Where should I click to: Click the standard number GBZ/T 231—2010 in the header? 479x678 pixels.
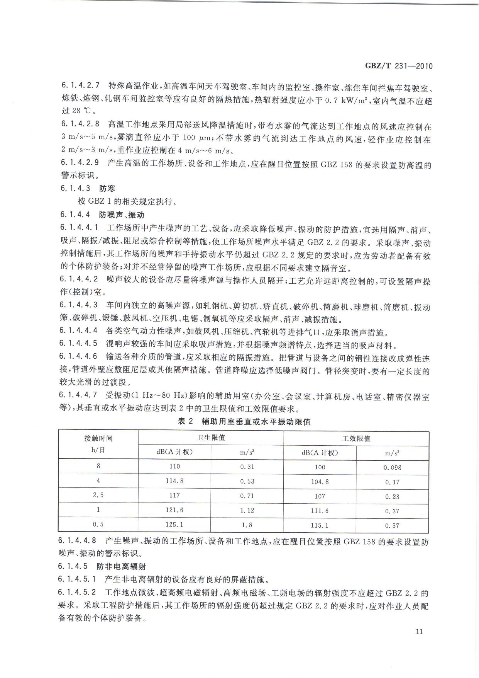(399, 66)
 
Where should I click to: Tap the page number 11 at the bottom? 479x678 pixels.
(420, 632)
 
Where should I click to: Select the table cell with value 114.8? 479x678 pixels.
(174, 481)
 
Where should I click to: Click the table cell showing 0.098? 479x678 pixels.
(392, 468)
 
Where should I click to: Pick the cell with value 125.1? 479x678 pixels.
(174, 525)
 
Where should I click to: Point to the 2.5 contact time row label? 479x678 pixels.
(98, 495)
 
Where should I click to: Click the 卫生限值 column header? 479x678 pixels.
(211, 438)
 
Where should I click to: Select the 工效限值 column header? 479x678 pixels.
(356, 438)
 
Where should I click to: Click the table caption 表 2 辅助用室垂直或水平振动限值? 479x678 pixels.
(244, 422)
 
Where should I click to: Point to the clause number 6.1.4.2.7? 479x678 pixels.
(80, 85)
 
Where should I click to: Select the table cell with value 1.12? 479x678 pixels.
(247, 510)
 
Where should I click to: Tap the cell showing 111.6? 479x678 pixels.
(320, 511)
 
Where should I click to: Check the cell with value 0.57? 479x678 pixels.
(392, 526)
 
